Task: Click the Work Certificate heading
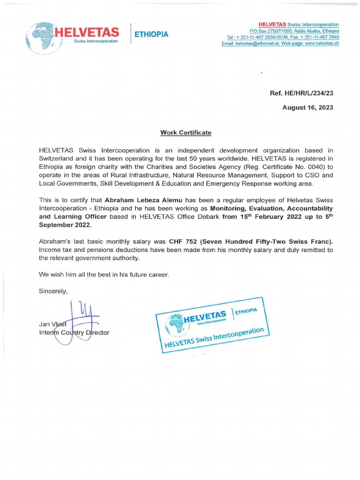186,133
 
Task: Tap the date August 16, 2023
307,107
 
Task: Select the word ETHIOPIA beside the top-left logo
151,34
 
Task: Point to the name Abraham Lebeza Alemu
139,200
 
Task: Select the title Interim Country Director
74,332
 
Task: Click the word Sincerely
53,291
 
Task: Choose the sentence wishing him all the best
103,274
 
